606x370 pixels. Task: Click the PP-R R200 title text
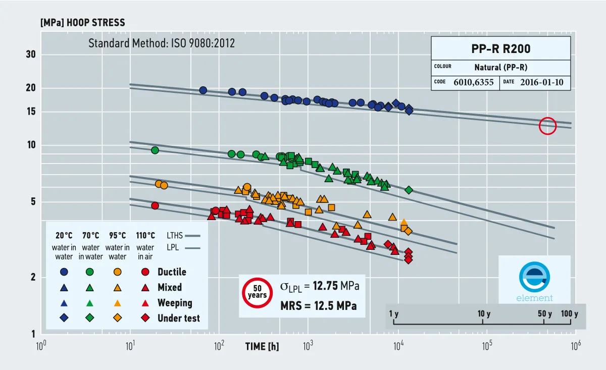point(501,48)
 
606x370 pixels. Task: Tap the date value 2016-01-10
point(541,82)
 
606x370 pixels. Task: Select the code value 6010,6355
point(474,82)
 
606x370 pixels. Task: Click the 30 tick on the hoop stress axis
point(31,55)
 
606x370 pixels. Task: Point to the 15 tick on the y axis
point(31,112)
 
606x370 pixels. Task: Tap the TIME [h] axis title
point(262,346)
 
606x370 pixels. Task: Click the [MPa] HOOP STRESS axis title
point(83,22)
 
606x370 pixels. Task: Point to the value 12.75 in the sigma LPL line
point(325,286)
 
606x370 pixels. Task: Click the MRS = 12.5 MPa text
point(319,306)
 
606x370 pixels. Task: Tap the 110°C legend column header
point(145,236)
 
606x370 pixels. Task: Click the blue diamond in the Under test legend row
point(64,318)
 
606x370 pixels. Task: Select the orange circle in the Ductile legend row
point(117,272)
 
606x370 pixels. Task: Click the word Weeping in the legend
point(175,303)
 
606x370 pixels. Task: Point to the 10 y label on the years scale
point(484,314)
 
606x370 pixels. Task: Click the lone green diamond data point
point(409,190)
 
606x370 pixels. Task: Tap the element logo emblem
point(534,277)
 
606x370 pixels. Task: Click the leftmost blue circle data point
point(203,90)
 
